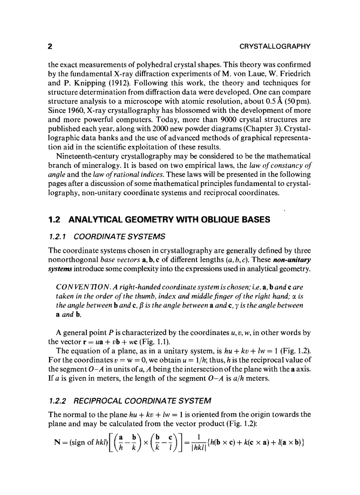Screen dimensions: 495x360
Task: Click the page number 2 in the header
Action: [50, 46]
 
